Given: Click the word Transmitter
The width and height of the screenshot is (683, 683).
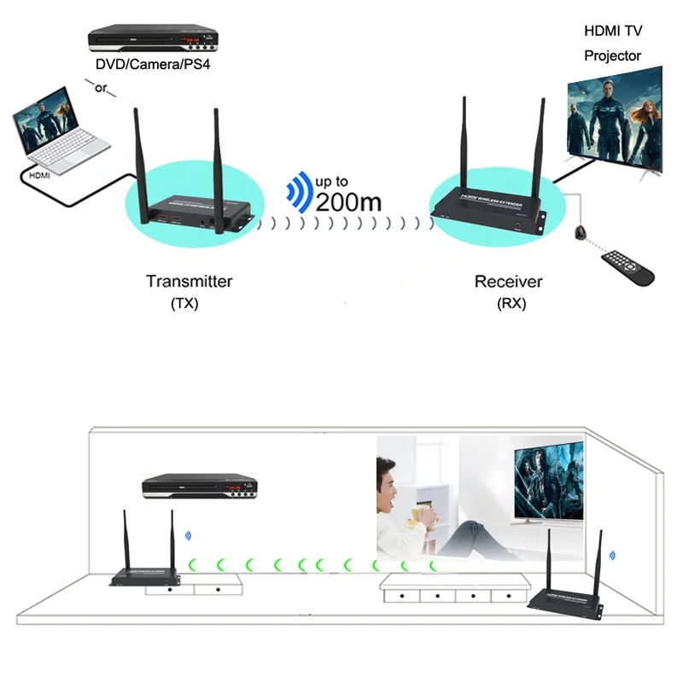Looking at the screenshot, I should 189,281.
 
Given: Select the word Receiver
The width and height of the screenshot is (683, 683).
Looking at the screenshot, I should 508,282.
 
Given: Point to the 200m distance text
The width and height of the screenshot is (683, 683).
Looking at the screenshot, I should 348,203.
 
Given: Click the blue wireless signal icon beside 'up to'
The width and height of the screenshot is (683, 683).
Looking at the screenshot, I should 299,192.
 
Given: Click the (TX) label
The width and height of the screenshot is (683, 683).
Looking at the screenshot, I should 184,303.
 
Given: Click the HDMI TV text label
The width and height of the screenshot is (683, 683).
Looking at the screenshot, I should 614,32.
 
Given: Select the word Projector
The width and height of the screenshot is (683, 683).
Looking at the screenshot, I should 612,55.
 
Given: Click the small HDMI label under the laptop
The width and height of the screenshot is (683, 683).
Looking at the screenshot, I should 40,175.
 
